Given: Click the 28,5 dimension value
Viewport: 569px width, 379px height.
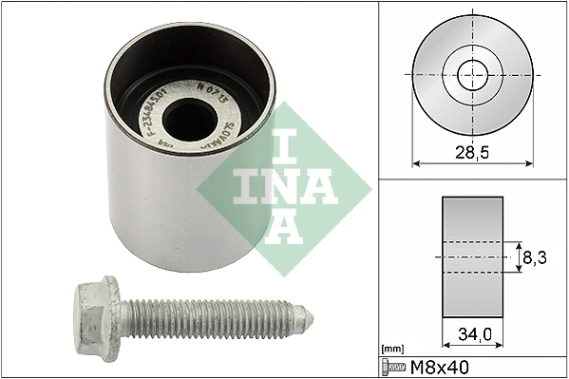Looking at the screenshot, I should (x=472, y=150).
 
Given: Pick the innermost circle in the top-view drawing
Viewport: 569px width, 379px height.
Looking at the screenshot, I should (x=472, y=73).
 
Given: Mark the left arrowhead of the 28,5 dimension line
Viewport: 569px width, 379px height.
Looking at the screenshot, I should (x=416, y=162).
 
